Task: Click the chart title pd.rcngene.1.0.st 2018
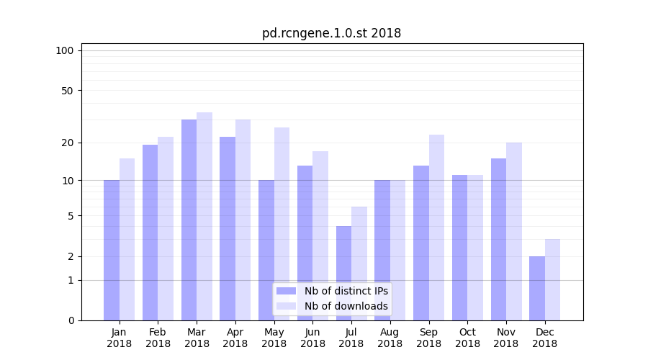tap(331, 33)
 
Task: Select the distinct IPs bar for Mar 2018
tap(189, 220)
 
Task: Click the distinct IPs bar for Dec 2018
tap(537, 288)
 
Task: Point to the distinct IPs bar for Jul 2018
tap(343, 274)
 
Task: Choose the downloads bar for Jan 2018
tap(127, 239)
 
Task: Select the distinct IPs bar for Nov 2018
tap(498, 239)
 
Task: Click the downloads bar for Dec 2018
tap(552, 279)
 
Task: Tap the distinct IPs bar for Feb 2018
tap(150, 233)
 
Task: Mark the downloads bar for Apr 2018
tap(243, 220)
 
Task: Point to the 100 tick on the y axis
tap(65, 50)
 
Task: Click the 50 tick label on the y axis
tap(67, 91)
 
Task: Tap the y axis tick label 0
tap(71, 320)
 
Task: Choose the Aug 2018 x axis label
tap(390, 338)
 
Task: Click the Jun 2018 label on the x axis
tap(312, 338)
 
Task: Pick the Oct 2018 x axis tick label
tap(467, 338)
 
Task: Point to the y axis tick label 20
tap(67, 143)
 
